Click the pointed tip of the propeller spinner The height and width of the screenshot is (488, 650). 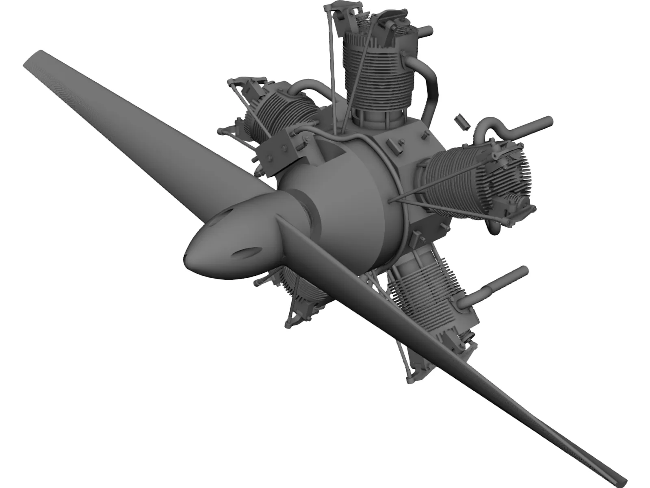coord(186,255)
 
